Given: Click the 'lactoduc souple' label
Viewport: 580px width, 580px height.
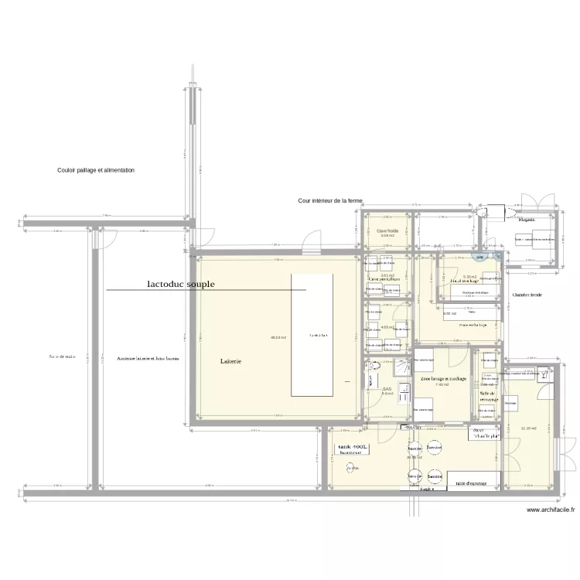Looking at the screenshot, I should (x=180, y=284).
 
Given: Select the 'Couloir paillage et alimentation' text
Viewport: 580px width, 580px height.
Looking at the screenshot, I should (x=96, y=170).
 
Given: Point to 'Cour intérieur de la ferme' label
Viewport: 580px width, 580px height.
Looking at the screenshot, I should (x=330, y=201).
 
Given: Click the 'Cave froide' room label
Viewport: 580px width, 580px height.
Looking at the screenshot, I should (x=387, y=231).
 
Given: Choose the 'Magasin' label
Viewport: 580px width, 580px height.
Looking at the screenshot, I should (x=527, y=219).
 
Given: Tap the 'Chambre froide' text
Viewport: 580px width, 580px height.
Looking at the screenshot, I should (x=527, y=295).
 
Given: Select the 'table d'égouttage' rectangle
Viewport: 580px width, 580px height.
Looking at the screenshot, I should (x=471, y=483).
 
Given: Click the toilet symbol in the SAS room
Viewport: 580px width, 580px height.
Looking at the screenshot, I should (x=372, y=367).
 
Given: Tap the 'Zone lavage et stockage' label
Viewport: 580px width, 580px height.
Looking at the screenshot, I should (x=443, y=379).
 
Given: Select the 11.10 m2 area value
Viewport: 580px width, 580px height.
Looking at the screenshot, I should (x=530, y=428).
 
